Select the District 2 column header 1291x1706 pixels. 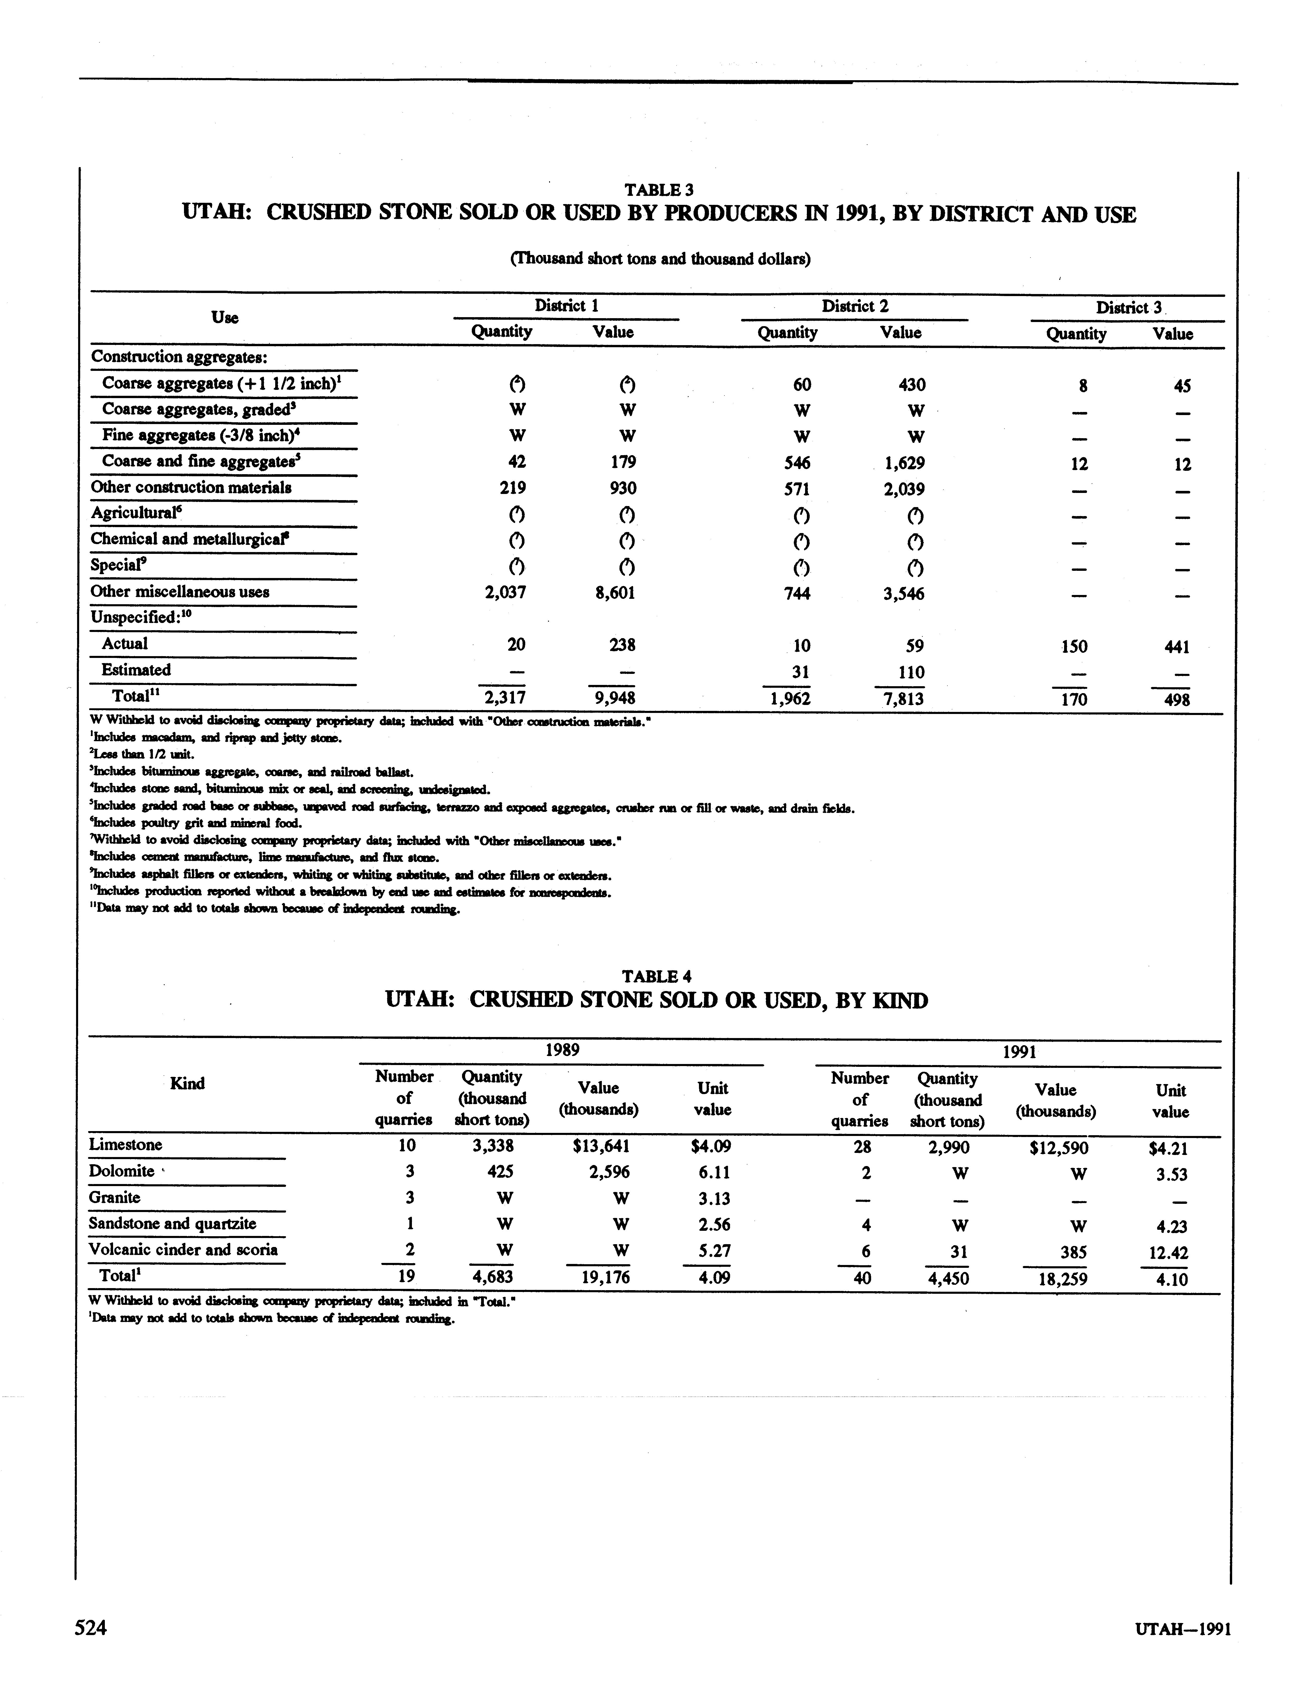854,306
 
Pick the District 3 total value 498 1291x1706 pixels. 1176,700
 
